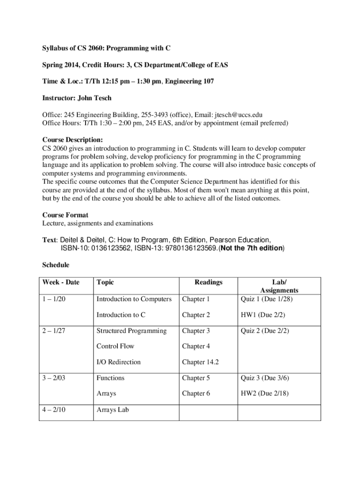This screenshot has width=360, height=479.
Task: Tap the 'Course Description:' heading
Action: coord(72,139)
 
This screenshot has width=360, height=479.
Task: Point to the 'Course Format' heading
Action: coord(65,215)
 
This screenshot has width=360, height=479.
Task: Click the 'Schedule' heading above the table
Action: coord(56,265)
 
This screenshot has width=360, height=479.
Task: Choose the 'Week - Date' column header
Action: coord(61,282)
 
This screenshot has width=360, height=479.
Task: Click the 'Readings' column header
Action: coord(209,282)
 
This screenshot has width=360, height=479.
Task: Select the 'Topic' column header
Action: coord(105,282)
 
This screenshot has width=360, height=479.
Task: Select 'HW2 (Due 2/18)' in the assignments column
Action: coord(265,393)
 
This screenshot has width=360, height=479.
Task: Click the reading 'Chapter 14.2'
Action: coord(201,362)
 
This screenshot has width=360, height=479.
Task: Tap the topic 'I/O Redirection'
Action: coord(118,362)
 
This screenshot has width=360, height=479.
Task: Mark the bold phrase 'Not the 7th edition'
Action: coord(250,248)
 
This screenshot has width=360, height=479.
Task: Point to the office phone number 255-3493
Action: coord(141,115)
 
